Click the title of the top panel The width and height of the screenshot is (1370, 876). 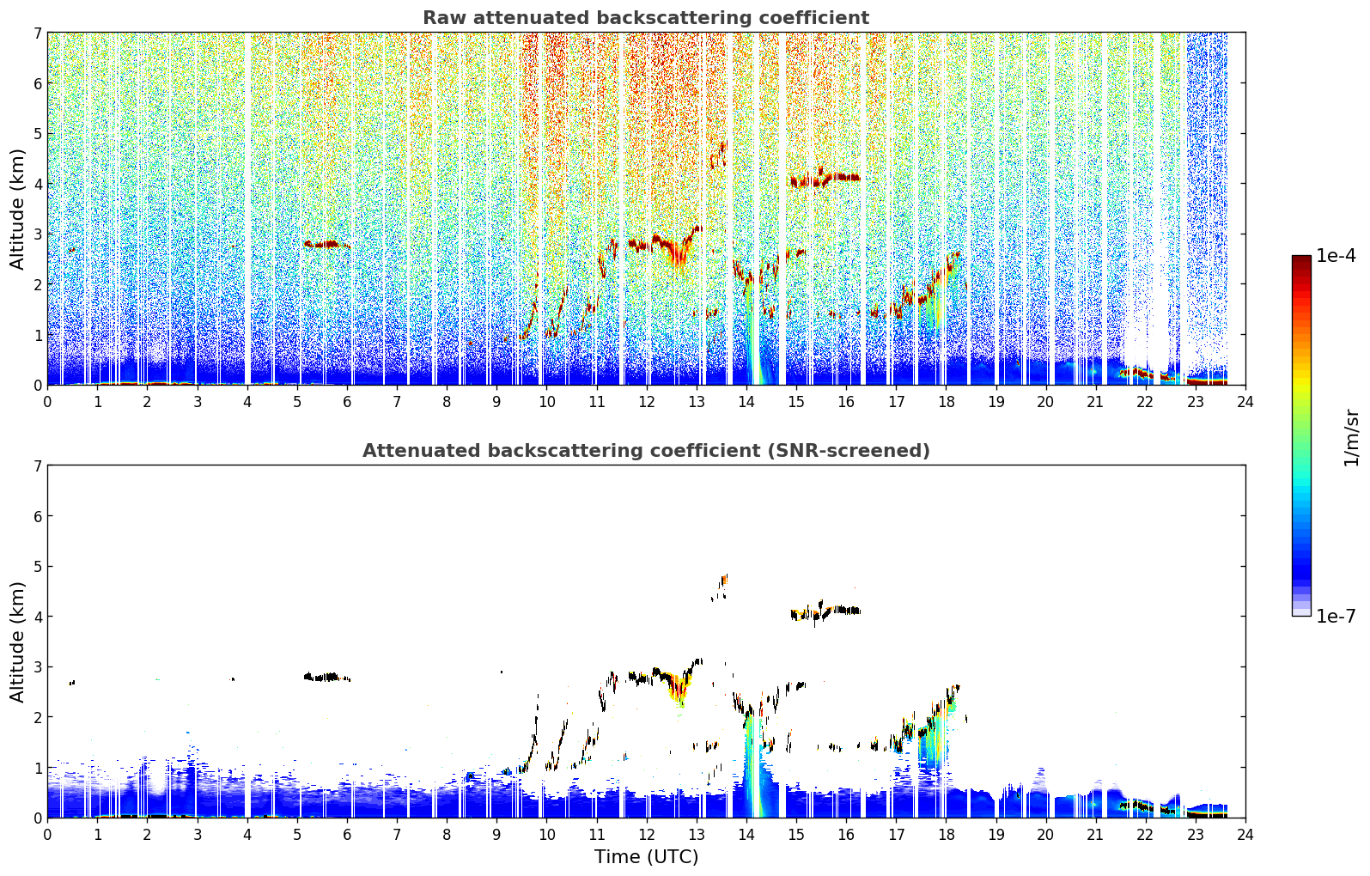(646, 18)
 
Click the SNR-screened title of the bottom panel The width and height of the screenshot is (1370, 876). (646, 450)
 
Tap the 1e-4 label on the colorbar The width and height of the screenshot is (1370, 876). (1336, 256)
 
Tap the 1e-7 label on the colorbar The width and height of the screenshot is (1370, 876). (1336, 616)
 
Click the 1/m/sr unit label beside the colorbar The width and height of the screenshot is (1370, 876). (1351, 439)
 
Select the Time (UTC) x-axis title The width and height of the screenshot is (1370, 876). (646, 856)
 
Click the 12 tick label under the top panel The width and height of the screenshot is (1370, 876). (647, 402)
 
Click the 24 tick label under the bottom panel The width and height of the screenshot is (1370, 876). (1245, 835)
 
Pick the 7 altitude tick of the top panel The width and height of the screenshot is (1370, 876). (37, 33)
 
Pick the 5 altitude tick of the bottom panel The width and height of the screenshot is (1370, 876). (37, 567)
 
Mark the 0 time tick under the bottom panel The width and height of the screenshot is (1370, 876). (48, 835)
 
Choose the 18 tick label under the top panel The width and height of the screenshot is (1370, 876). (947, 402)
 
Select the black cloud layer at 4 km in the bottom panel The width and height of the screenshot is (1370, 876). (825, 611)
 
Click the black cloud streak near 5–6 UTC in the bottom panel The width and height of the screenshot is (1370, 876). (327, 678)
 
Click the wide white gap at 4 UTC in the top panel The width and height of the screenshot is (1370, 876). (247, 208)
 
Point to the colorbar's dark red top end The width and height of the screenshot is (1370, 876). (1301, 259)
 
